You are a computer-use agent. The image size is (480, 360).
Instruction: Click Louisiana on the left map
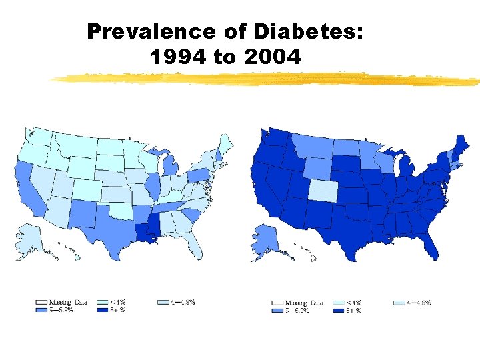coord(145,233)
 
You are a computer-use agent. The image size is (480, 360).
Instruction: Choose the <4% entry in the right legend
coord(352,302)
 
